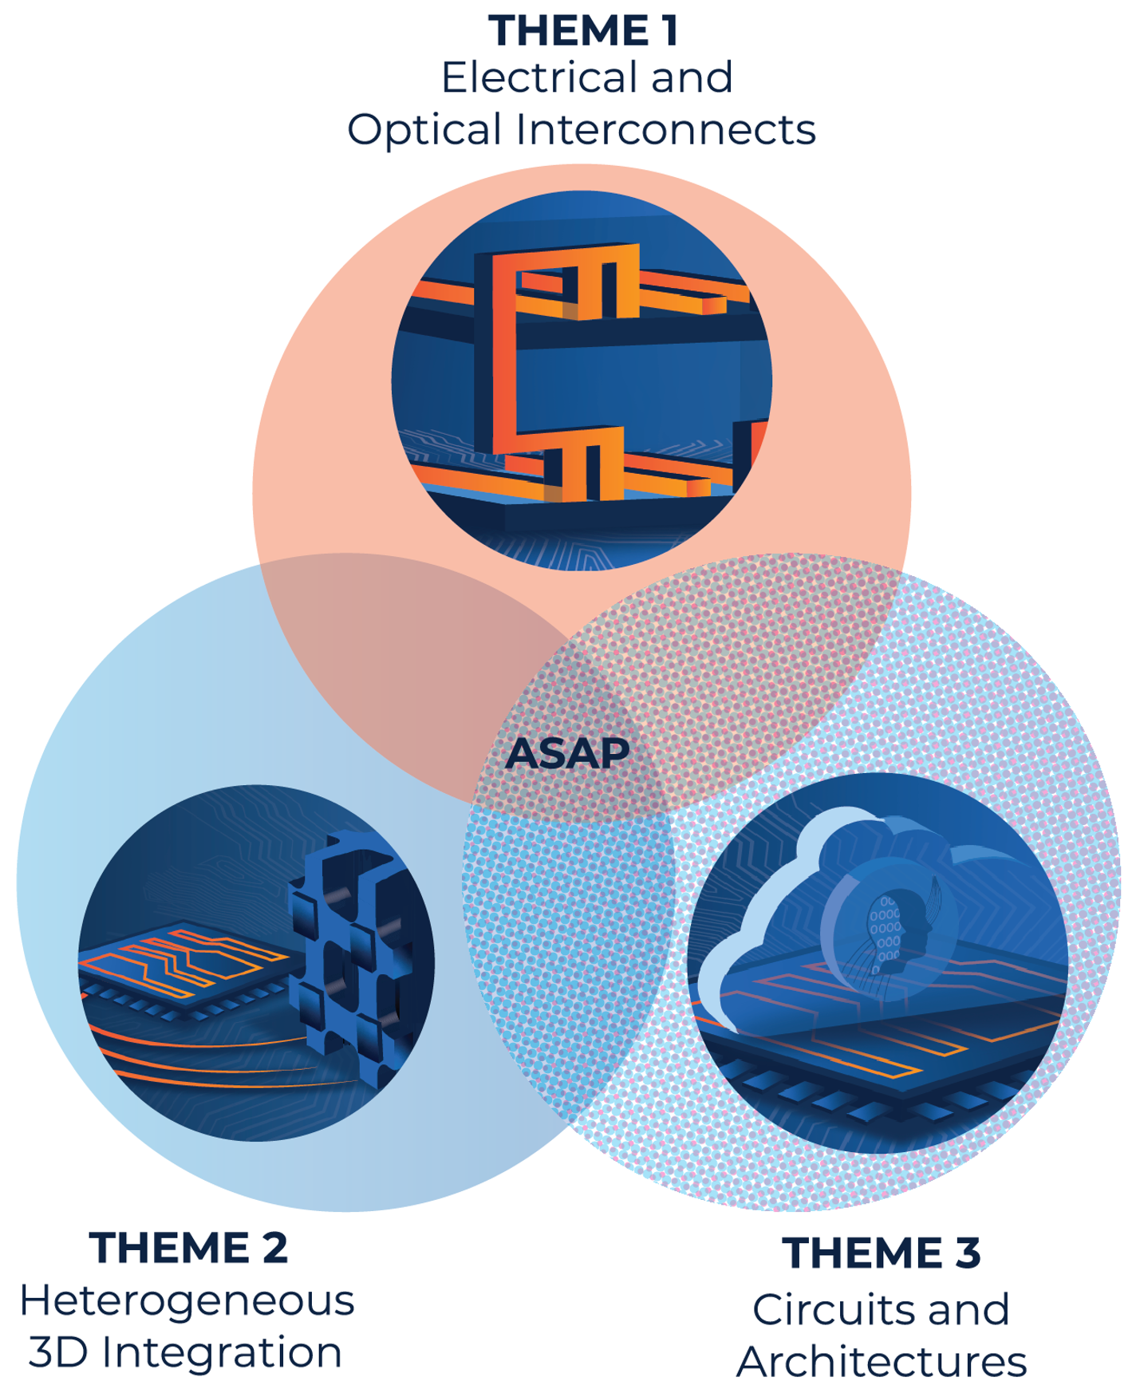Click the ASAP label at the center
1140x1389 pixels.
coord(567,753)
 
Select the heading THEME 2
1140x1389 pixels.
coord(188,1248)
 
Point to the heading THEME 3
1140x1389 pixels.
coord(881,1253)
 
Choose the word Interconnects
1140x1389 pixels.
coord(666,129)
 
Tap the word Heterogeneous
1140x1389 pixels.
coord(187,1302)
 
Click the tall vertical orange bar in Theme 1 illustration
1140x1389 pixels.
coord(503,351)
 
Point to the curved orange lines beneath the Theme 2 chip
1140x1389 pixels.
coord(215,1057)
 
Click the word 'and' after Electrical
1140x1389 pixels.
coord(692,77)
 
